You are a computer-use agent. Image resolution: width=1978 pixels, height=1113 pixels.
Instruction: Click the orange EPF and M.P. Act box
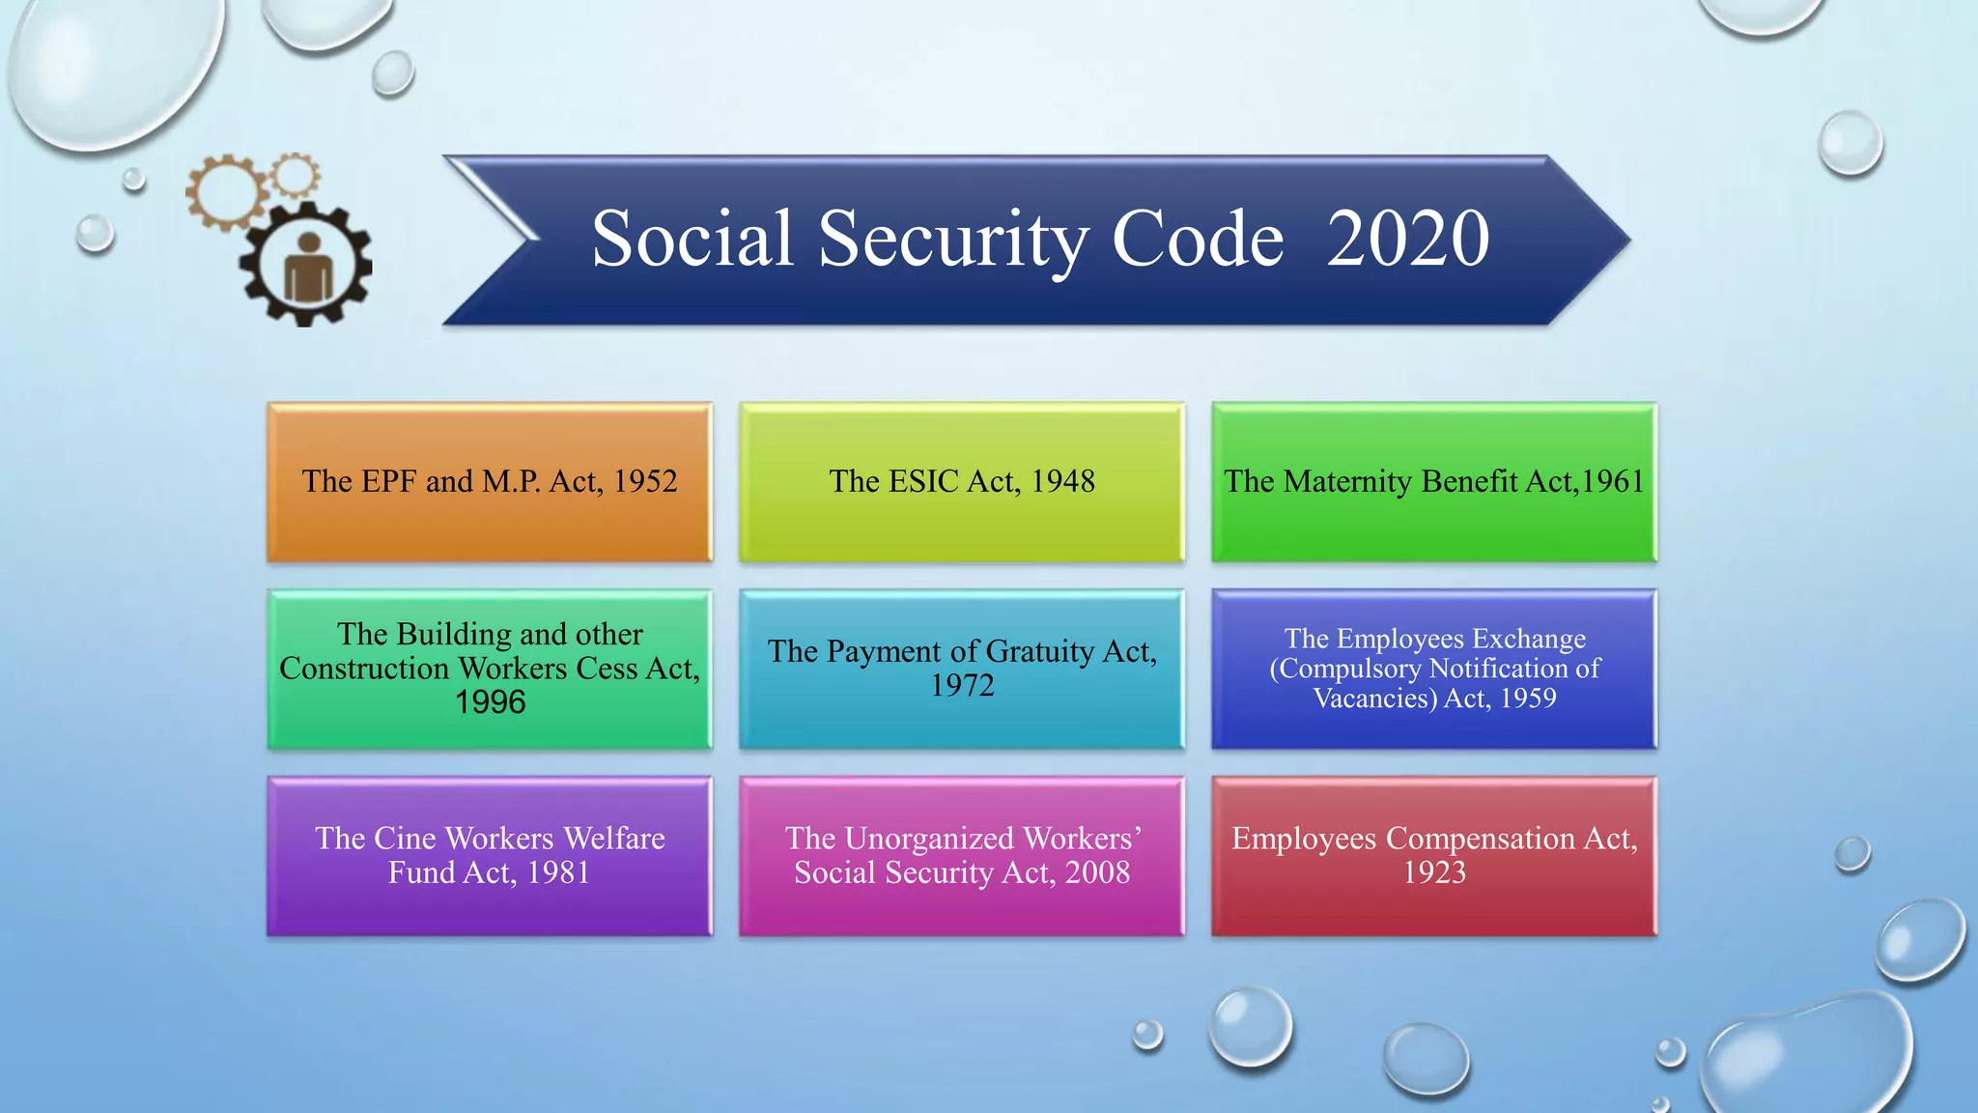[490, 482]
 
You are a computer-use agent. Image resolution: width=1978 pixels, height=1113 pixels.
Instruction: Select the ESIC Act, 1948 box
[962, 482]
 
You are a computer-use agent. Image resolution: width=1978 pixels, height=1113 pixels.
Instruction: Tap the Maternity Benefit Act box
[1434, 482]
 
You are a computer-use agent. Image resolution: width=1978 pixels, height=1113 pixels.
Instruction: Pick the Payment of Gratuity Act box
[962, 669]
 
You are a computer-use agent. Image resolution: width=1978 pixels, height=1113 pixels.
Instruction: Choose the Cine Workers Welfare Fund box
[490, 856]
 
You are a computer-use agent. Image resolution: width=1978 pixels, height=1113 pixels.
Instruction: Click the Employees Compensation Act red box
[1434, 856]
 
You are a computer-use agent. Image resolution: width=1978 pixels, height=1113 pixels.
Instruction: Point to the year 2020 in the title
[1407, 239]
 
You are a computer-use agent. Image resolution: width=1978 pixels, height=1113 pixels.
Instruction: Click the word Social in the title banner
[692, 239]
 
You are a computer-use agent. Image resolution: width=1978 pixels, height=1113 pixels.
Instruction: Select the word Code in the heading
[1198, 239]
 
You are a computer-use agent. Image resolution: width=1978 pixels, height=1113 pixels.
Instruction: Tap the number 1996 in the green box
[490, 702]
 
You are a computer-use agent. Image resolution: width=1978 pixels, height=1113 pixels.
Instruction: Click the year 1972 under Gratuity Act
[962, 686]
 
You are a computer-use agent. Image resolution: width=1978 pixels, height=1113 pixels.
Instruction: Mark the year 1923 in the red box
[1434, 873]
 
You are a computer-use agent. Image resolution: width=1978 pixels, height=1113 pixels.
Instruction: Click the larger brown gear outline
[226, 191]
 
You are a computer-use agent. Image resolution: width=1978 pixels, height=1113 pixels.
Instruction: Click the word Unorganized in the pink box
[928, 839]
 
